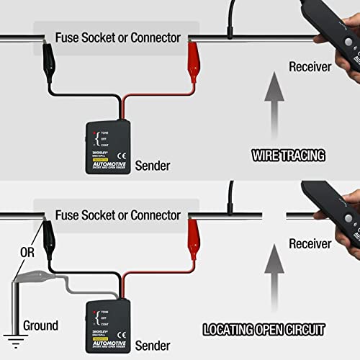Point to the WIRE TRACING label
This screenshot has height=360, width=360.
click(x=287, y=154)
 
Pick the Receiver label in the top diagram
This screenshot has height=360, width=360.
click(x=310, y=67)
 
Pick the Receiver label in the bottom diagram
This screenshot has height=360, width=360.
click(x=310, y=244)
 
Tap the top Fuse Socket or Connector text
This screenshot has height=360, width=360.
click(x=118, y=37)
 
